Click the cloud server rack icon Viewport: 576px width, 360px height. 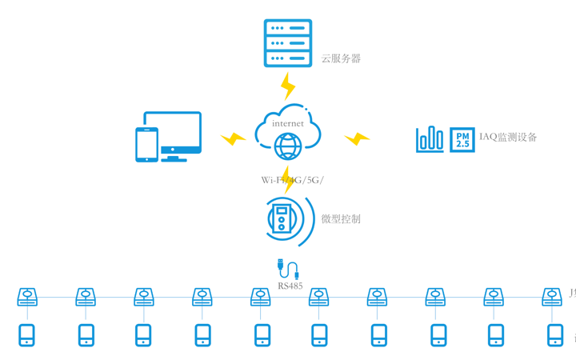[x=288, y=43]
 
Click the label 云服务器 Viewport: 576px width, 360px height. [x=341, y=58]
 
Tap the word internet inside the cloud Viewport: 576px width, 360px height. [x=288, y=123]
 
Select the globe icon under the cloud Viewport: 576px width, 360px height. [x=288, y=146]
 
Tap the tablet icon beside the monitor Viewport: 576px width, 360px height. [x=146, y=145]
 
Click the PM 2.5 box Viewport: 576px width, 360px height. [x=462, y=139]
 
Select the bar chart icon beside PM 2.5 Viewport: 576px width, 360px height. [x=430, y=139]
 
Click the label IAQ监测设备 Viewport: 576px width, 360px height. [x=508, y=138]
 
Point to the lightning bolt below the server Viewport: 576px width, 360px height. [x=288, y=86]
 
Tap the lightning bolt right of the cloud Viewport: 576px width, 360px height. [x=357, y=139]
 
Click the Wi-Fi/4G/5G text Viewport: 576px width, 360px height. [x=292, y=180]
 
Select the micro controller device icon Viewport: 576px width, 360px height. [x=282, y=218]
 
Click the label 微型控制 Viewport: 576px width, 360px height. [x=341, y=218]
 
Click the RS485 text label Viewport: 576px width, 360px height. [x=290, y=286]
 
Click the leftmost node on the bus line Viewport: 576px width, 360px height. [x=28, y=298]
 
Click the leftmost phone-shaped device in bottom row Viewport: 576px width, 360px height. [x=27, y=335]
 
